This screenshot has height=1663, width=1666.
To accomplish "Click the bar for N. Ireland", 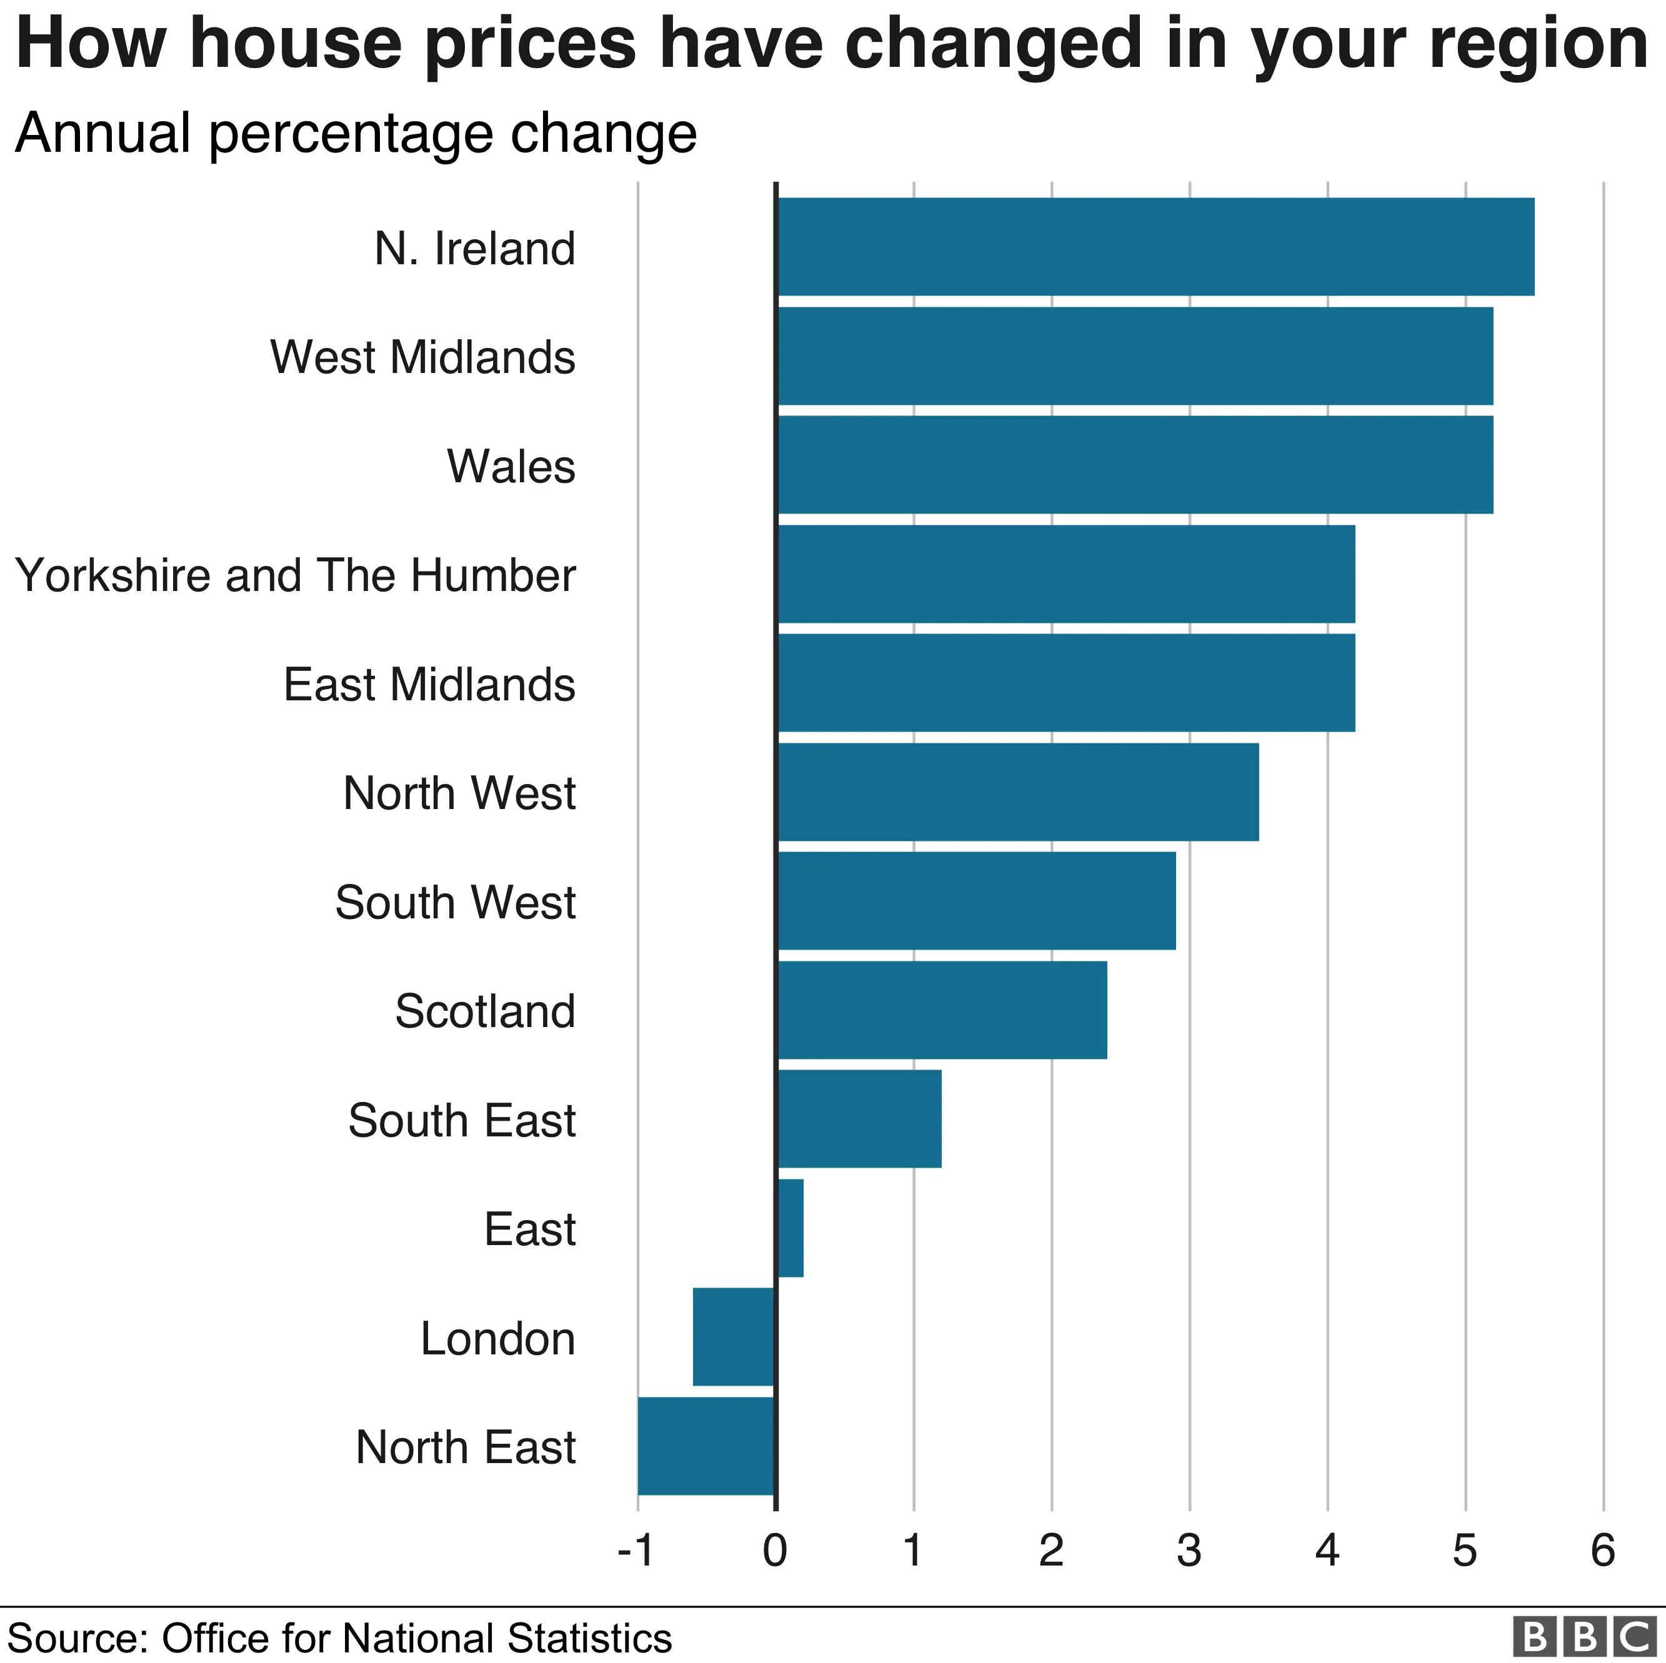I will (x=1155, y=247).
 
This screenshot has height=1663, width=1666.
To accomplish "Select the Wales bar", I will (x=1135, y=465).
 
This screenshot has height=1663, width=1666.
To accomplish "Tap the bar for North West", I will (x=1017, y=792).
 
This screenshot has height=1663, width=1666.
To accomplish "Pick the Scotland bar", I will (x=942, y=1010).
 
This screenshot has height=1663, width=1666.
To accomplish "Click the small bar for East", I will (x=791, y=1228).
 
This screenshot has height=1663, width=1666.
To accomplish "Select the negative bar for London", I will (x=734, y=1336).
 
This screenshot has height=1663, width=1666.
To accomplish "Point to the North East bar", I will (x=706, y=1446).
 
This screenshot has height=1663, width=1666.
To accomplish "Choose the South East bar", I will (x=859, y=1118).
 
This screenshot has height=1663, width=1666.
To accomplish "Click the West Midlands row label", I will (x=422, y=357).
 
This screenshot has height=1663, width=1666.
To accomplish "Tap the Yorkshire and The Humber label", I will (x=296, y=575).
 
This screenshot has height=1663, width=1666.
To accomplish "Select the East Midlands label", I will (x=429, y=685).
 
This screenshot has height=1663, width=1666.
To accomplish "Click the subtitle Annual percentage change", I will (x=356, y=134).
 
